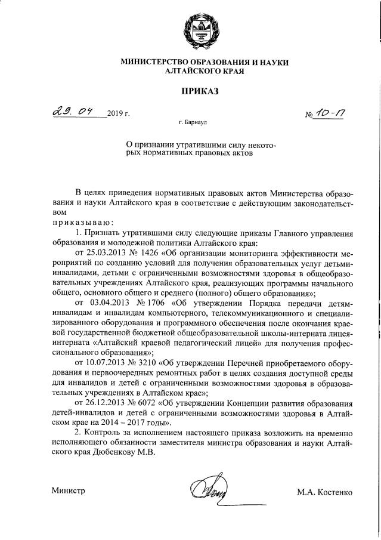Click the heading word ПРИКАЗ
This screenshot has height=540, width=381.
point(190,91)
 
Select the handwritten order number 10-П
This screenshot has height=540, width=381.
point(327,112)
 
